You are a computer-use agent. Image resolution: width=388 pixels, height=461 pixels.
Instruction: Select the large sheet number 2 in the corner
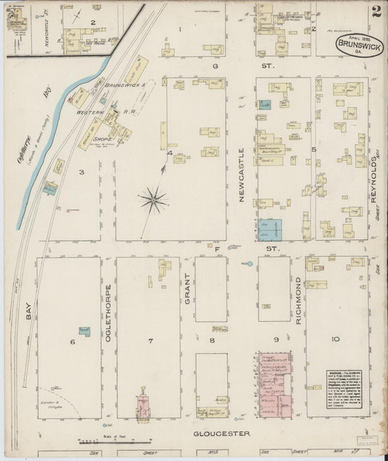click(x=376, y=12)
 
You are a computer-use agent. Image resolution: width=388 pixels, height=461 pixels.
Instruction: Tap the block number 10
click(x=335, y=340)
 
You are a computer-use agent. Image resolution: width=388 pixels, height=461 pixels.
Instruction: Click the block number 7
click(x=151, y=341)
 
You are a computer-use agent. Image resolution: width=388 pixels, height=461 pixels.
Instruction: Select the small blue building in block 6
click(x=84, y=330)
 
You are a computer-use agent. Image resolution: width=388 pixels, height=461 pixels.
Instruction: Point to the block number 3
click(x=82, y=172)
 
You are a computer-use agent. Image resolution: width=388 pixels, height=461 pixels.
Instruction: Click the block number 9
click(x=277, y=340)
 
